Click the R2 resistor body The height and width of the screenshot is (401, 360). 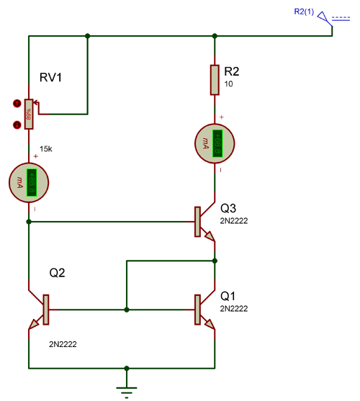(215, 80)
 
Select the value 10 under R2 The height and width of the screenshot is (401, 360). (229, 84)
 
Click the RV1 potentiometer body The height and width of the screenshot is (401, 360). (29, 114)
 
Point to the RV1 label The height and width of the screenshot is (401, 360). (52, 78)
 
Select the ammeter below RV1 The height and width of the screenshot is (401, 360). (29, 182)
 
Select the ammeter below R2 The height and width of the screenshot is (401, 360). (215, 142)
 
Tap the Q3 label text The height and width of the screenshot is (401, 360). (229, 205)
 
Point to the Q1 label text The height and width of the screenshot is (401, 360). (228, 294)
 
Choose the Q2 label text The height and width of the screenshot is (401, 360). (58, 274)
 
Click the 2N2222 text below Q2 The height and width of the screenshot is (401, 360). (63, 344)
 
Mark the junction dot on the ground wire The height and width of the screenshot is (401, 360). (127, 366)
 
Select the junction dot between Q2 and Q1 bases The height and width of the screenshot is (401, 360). (127, 310)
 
